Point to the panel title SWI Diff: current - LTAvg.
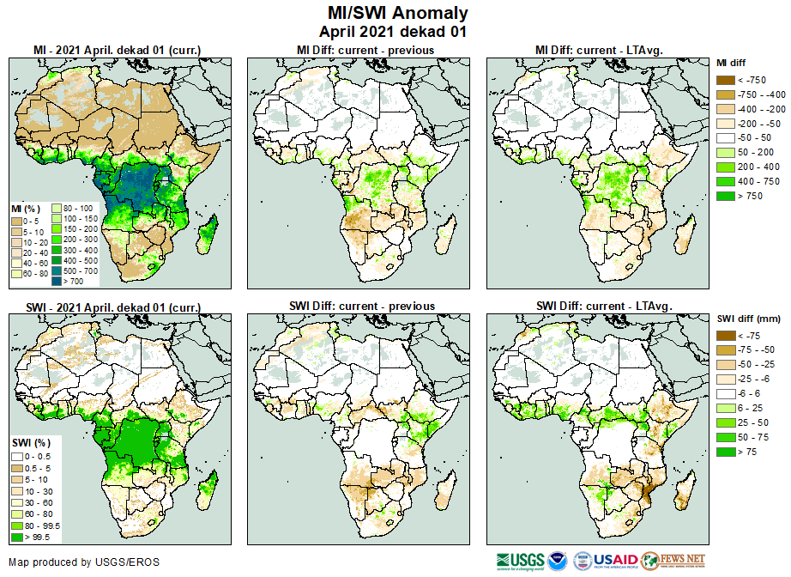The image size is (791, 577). coord(603,306)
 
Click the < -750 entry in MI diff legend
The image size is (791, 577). coord(751,80)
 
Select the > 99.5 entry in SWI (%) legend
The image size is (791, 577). coord(37,537)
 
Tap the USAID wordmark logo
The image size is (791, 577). coord(616,561)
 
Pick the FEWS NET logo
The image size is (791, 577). coord(673,561)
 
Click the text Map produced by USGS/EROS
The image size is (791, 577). coord(83,562)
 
